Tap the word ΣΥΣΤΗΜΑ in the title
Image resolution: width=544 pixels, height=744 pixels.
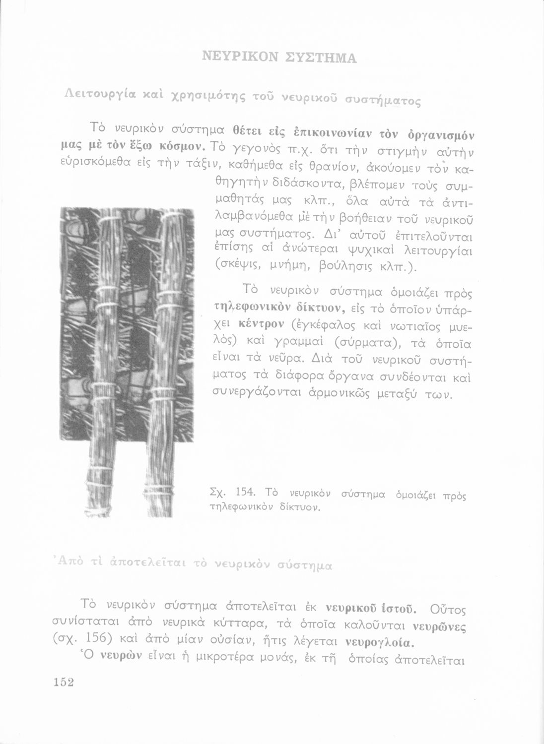pyautogui.click(x=320, y=59)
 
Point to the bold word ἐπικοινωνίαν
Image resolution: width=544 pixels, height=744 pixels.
pyautogui.click(x=318, y=132)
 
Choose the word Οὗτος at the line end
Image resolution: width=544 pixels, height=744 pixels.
pyautogui.click(x=451, y=608)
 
